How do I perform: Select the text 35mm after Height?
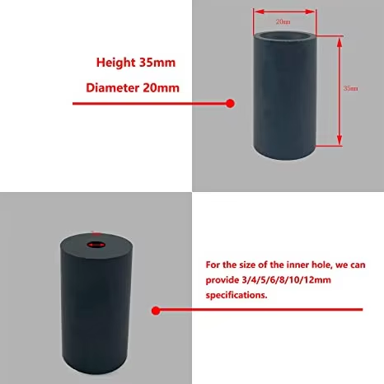click(159, 63)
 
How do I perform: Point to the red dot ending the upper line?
click(231, 103)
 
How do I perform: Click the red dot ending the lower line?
click(157, 311)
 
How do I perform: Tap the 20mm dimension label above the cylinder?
click(283, 21)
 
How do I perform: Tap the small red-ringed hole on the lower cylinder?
click(95, 245)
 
